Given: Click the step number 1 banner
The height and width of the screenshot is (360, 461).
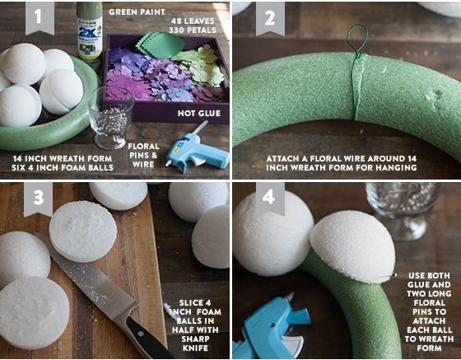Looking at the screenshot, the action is [x=40, y=17].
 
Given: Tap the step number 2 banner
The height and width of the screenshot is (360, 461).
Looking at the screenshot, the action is [x=270, y=18].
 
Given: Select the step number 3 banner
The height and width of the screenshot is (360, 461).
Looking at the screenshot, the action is [x=38, y=199].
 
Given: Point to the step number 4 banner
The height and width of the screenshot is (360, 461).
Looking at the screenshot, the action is [x=270, y=198].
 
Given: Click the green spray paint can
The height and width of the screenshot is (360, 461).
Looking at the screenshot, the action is [x=90, y=35].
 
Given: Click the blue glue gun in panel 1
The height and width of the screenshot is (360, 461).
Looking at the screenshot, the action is [x=196, y=150].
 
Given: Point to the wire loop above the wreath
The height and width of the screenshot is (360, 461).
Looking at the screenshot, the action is [x=357, y=39].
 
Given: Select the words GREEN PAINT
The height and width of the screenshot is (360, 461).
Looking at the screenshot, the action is [x=137, y=12].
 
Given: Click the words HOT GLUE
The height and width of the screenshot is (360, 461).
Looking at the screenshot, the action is [x=199, y=113].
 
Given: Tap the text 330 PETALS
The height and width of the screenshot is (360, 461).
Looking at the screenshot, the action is [x=193, y=30].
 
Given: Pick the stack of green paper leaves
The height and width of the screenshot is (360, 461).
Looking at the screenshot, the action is [x=160, y=45].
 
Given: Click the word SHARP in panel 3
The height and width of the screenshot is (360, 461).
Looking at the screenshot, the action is [x=195, y=339].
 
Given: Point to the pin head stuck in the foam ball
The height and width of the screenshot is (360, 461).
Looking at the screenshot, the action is [x=394, y=275].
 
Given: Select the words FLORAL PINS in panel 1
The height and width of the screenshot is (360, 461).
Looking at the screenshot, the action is [x=143, y=151].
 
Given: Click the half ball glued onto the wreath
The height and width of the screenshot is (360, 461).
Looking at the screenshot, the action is [x=352, y=246].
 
